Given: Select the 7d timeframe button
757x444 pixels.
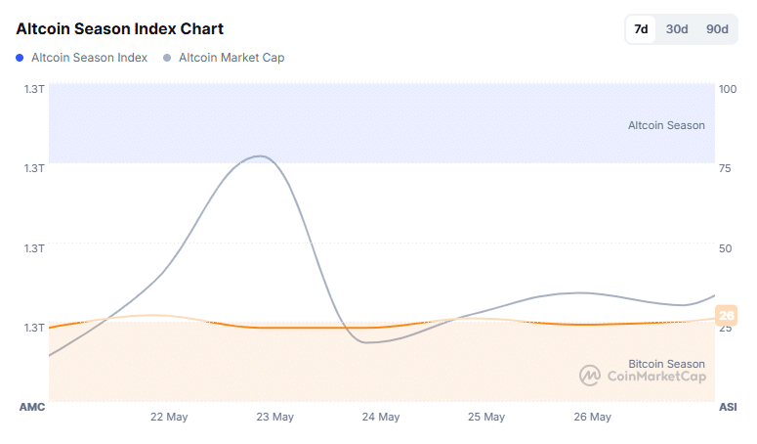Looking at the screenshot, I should point(641,29).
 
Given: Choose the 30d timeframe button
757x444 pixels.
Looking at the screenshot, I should point(677,29).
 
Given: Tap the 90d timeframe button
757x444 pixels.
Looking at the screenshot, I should point(717,29).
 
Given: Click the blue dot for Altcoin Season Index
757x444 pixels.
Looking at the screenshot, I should point(21,58).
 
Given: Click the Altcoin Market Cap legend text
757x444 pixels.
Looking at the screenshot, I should point(231,58).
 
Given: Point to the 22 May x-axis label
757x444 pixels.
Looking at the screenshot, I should point(169,417).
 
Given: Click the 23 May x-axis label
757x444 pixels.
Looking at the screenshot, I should point(274,417).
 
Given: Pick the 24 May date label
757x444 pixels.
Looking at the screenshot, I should point(380,417).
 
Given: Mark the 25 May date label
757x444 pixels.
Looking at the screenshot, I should point(485,417).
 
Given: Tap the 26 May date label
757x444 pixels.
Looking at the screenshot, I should point(592,417).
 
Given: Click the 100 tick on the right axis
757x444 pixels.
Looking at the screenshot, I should point(727,89).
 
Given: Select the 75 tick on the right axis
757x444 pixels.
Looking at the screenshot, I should point(725,168).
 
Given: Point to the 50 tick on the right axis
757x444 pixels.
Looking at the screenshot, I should point(725,247).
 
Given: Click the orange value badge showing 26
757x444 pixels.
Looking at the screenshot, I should point(726,315).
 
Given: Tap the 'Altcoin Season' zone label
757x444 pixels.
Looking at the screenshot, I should point(666,125).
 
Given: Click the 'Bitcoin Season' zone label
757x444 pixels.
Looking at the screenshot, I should point(666,364).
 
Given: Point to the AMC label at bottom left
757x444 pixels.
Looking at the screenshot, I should point(32,406).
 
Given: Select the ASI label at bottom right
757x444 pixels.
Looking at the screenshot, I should point(728,406).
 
